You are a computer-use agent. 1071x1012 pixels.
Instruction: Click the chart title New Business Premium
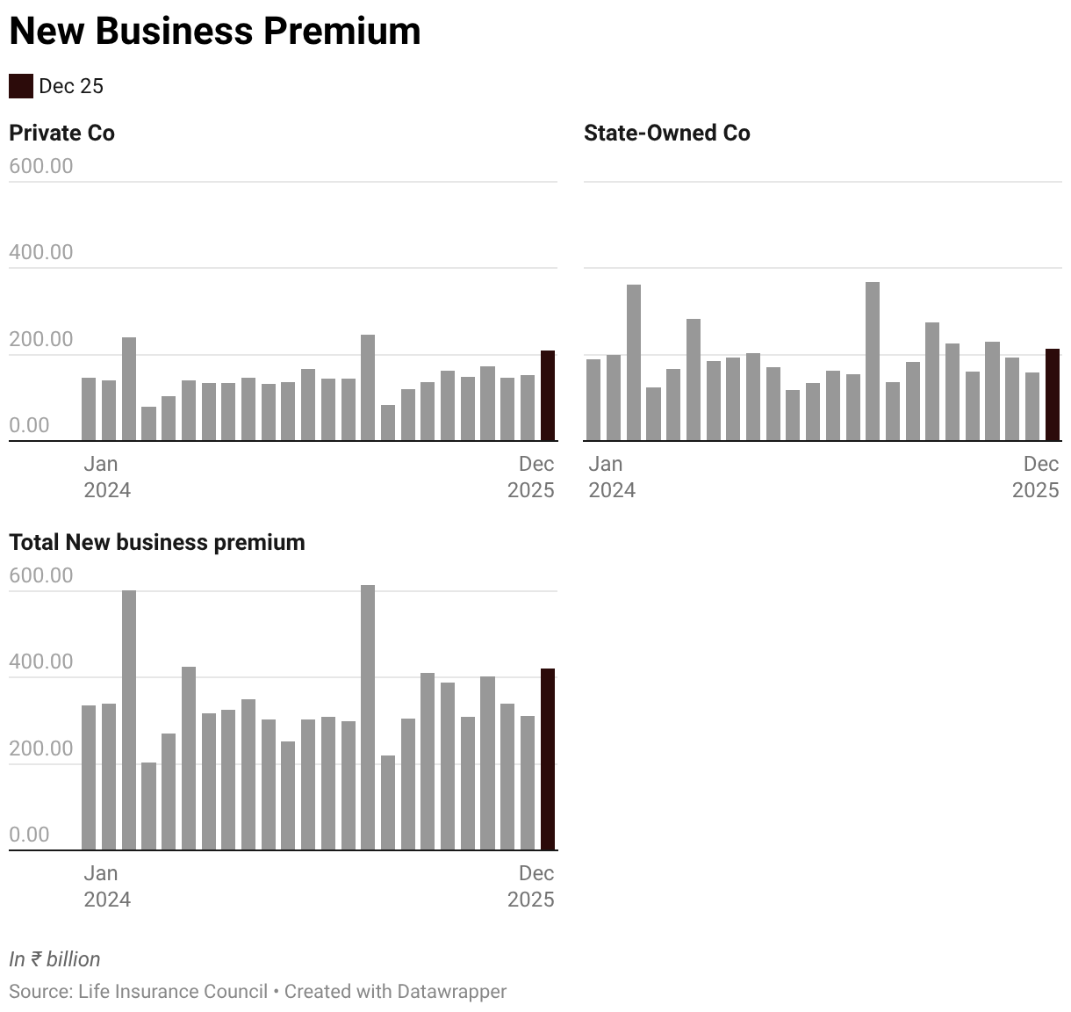[215, 32]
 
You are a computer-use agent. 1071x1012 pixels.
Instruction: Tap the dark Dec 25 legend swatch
[21, 86]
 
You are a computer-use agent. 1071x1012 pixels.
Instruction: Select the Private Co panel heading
[61, 133]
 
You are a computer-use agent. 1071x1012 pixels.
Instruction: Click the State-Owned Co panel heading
[666, 133]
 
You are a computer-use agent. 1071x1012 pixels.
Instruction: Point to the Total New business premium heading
[157, 542]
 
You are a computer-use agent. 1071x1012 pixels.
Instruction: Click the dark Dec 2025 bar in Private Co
[547, 395]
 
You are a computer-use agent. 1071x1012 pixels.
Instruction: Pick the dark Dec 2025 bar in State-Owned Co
[1052, 394]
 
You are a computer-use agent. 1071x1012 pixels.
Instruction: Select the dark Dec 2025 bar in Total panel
[547, 759]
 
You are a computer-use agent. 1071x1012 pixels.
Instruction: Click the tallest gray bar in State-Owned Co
[872, 361]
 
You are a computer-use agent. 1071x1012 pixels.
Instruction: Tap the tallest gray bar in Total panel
[368, 717]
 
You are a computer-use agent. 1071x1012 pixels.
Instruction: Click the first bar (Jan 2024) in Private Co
[89, 408]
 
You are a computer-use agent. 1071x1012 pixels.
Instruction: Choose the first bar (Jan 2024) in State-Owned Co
[593, 400]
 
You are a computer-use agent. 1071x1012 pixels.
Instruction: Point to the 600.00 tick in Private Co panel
[41, 166]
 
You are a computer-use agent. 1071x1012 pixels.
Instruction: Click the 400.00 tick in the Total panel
[41, 661]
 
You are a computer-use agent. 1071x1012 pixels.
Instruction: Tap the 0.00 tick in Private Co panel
[29, 425]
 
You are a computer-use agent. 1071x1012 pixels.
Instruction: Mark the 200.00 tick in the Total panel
[41, 748]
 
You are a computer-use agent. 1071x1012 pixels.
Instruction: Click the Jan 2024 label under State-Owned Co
[611, 477]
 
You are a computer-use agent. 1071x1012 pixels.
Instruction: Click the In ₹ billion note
[54, 959]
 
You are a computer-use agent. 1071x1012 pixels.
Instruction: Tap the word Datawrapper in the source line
[451, 992]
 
